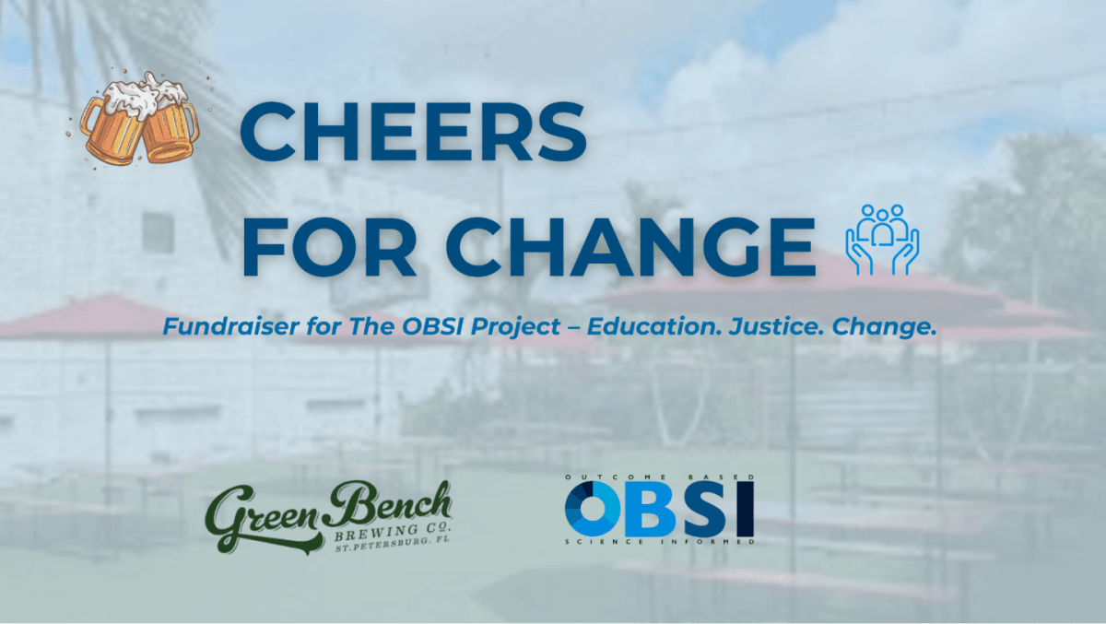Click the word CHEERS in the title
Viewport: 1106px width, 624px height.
413,131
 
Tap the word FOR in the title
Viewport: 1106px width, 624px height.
329,245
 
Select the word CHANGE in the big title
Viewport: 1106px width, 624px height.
630,245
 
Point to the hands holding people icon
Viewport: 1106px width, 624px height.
882,240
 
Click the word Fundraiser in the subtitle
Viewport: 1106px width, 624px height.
231,327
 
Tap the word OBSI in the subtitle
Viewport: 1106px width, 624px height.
432,327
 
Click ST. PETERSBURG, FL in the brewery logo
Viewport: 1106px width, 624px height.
393,545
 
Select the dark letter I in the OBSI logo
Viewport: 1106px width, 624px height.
746,509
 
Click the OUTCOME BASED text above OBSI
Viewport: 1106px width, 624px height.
660,477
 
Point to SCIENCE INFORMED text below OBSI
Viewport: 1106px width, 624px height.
660,542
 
